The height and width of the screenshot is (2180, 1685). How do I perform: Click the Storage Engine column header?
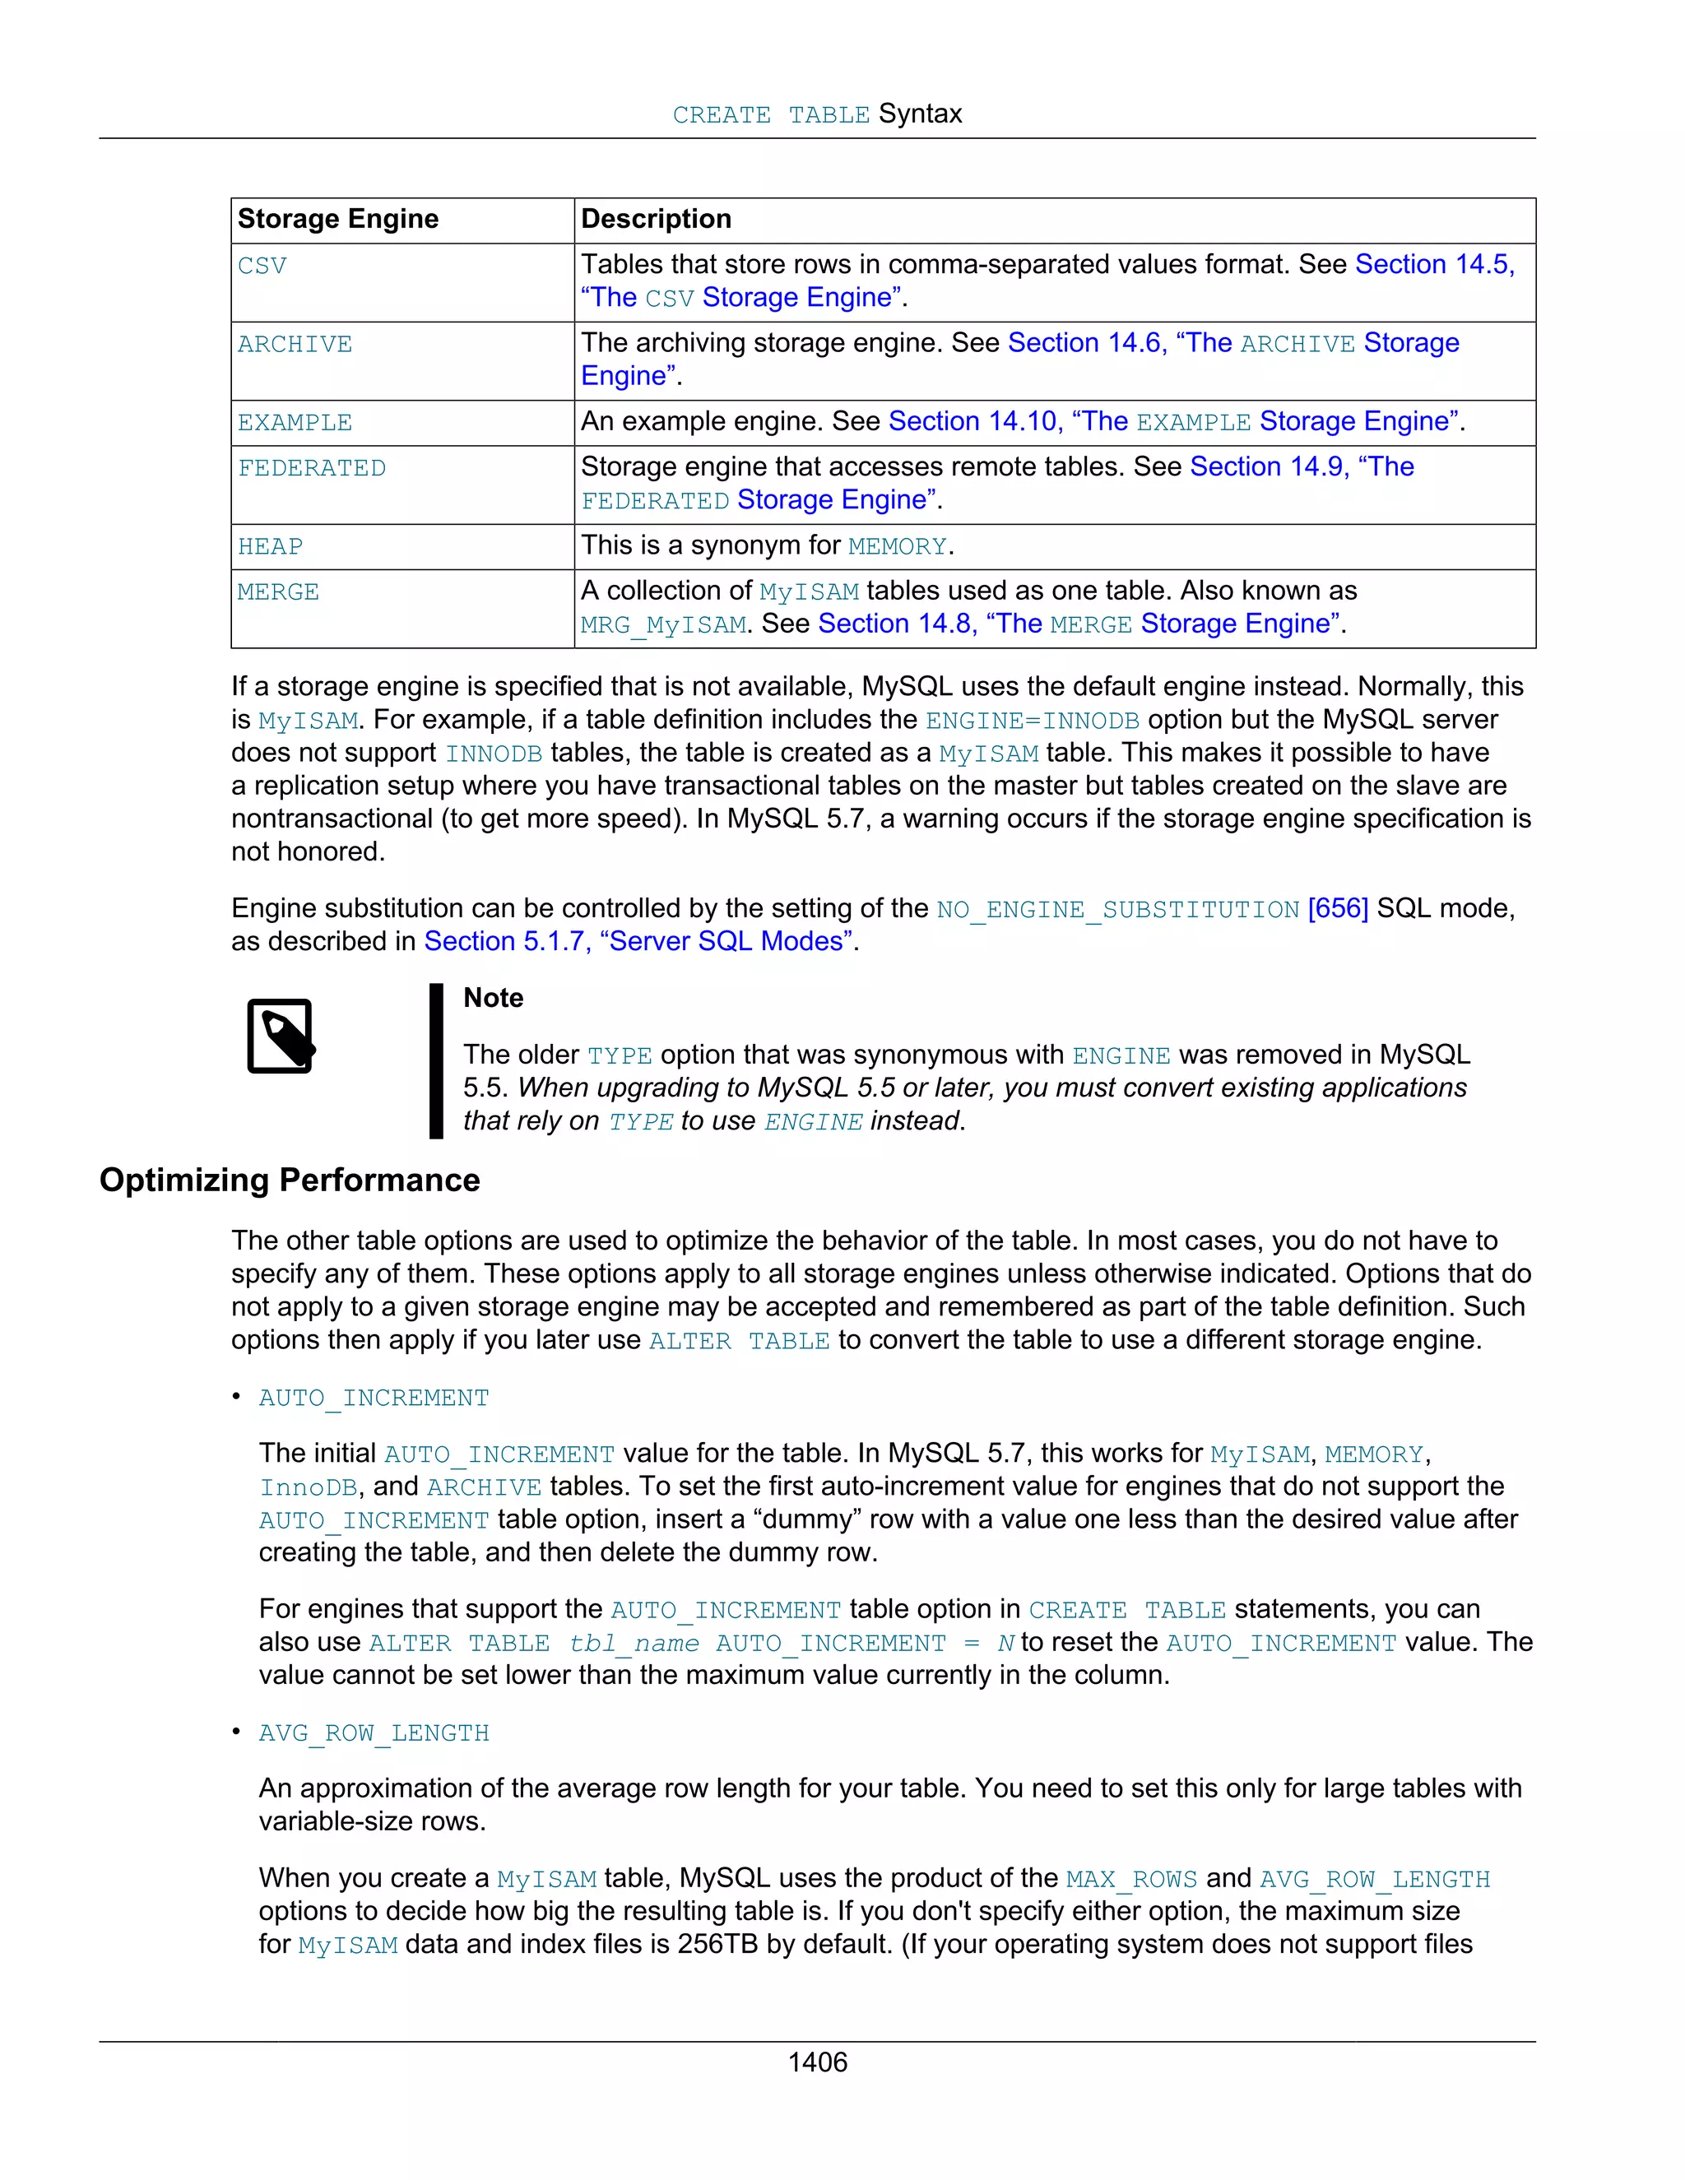[337, 219]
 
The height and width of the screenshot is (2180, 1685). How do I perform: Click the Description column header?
[656, 219]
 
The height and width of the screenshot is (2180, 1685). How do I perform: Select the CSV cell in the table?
[262, 266]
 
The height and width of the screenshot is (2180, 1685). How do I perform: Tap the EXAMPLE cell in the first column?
[295, 423]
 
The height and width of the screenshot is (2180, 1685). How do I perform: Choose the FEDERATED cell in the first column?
[312, 468]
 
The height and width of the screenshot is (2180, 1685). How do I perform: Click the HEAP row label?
[270, 547]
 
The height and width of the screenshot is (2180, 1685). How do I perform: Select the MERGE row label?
[279, 592]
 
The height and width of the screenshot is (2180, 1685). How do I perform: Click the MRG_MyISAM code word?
[663, 626]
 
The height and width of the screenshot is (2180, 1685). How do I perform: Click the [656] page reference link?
[1338, 908]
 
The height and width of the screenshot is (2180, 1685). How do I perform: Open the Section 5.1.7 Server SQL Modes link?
[638, 941]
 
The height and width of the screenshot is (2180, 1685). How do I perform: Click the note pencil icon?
[281, 1036]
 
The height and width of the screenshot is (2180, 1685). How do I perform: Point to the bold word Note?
[493, 998]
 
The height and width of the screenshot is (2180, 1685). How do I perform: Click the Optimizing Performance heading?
[290, 1180]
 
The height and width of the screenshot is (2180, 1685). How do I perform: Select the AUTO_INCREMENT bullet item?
[374, 1398]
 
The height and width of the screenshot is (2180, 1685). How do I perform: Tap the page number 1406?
[818, 2062]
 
